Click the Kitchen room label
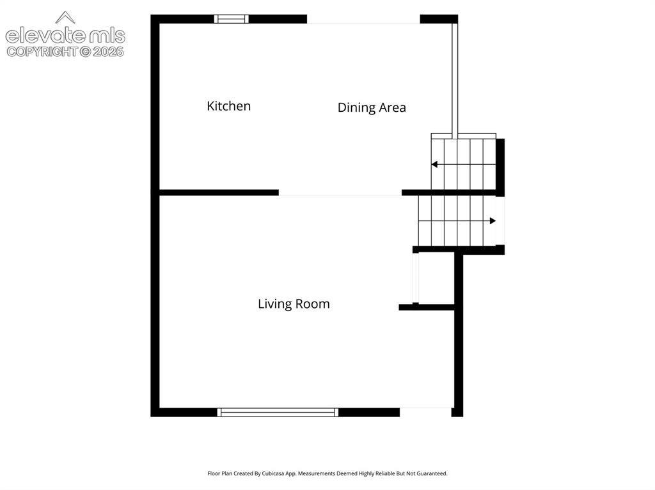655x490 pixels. pos(228,106)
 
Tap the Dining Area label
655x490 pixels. pos(372,108)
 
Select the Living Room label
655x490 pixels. pos(294,304)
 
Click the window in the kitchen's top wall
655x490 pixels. pos(232,19)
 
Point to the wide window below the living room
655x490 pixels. pos(278,412)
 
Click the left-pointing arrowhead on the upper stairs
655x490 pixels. pos(434,164)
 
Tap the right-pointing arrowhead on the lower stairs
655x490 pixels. pos(493,221)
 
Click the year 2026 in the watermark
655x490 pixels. pos(108,52)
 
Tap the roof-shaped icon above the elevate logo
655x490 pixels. pos(65,17)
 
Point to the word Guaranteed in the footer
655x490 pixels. pos(434,473)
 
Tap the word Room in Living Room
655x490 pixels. pos(313,304)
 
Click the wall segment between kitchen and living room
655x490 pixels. pos(219,192)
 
